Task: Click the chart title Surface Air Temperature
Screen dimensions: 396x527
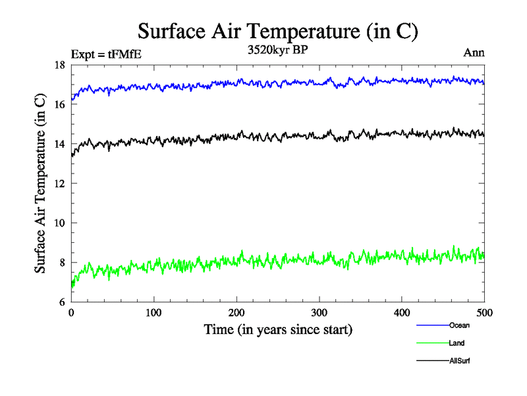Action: point(277,31)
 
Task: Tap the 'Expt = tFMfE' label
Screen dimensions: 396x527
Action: point(106,54)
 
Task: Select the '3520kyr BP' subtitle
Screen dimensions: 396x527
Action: point(277,51)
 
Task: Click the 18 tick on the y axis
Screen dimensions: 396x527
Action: point(59,65)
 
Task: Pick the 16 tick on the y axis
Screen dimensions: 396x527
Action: point(59,104)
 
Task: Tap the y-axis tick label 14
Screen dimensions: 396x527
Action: point(59,144)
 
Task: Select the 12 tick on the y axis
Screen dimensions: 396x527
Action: point(59,183)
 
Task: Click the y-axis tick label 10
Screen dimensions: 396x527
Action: point(59,223)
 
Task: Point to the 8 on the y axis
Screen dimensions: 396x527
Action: point(61,263)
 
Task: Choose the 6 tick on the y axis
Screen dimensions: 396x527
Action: point(61,302)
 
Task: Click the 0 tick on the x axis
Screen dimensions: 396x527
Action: point(71,313)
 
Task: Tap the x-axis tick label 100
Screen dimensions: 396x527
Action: point(153,313)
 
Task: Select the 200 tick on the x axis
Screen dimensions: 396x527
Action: point(236,313)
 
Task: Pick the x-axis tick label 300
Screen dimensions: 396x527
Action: point(319,313)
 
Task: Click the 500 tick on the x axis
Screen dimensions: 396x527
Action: point(484,313)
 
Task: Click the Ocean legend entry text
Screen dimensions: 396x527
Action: point(459,325)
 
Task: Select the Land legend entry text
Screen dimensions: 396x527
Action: point(457,343)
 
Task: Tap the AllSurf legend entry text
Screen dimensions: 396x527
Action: point(460,361)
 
